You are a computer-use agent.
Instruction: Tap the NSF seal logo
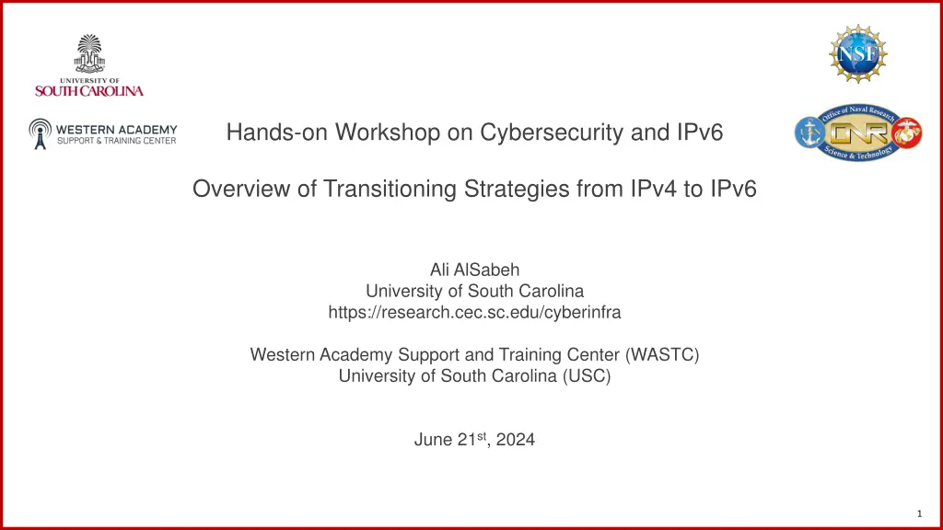click(858, 54)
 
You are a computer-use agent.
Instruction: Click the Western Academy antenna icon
click(40, 133)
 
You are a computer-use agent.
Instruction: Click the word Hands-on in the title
click(258, 133)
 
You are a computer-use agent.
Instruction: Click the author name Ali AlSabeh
click(474, 270)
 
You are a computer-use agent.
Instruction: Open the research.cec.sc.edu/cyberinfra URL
click(474, 312)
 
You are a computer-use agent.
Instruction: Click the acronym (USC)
click(587, 375)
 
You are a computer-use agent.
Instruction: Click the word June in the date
click(433, 440)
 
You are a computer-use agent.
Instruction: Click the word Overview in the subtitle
click(233, 190)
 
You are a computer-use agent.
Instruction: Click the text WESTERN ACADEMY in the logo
click(117, 129)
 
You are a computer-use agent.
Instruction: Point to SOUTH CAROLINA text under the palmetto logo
click(89, 91)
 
